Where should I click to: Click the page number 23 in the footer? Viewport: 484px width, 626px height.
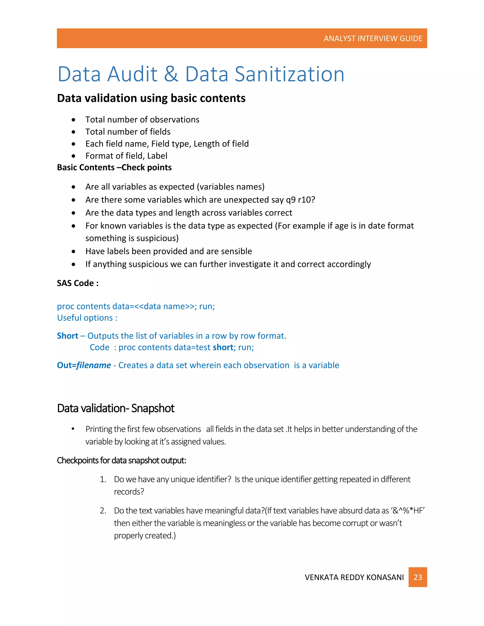click(x=418, y=577)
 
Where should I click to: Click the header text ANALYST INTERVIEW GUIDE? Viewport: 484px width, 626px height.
click(x=373, y=39)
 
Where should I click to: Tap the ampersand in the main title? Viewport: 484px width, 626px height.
click(x=171, y=74)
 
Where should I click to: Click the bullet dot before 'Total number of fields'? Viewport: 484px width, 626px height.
click(x=74, y=132)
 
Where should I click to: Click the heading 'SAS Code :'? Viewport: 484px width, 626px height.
click(x=78, y=283)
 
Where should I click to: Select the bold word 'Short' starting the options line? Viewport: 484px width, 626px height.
click(x=67, y=336)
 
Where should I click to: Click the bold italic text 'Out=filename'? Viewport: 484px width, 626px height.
click(x=84, y=365)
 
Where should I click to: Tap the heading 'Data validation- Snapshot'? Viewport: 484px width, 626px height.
click(x=116, y=408)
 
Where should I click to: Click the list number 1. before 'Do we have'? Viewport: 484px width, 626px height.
click(x=103, y=479)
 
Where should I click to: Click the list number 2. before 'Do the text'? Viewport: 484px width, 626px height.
click(x=103, y=510)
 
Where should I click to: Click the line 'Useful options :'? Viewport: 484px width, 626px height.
click(x=87, y=318)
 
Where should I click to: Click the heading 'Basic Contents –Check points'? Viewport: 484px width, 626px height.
click(x=114, y=167)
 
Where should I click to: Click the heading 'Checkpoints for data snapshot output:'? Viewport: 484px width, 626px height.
click(x=121, y=460)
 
